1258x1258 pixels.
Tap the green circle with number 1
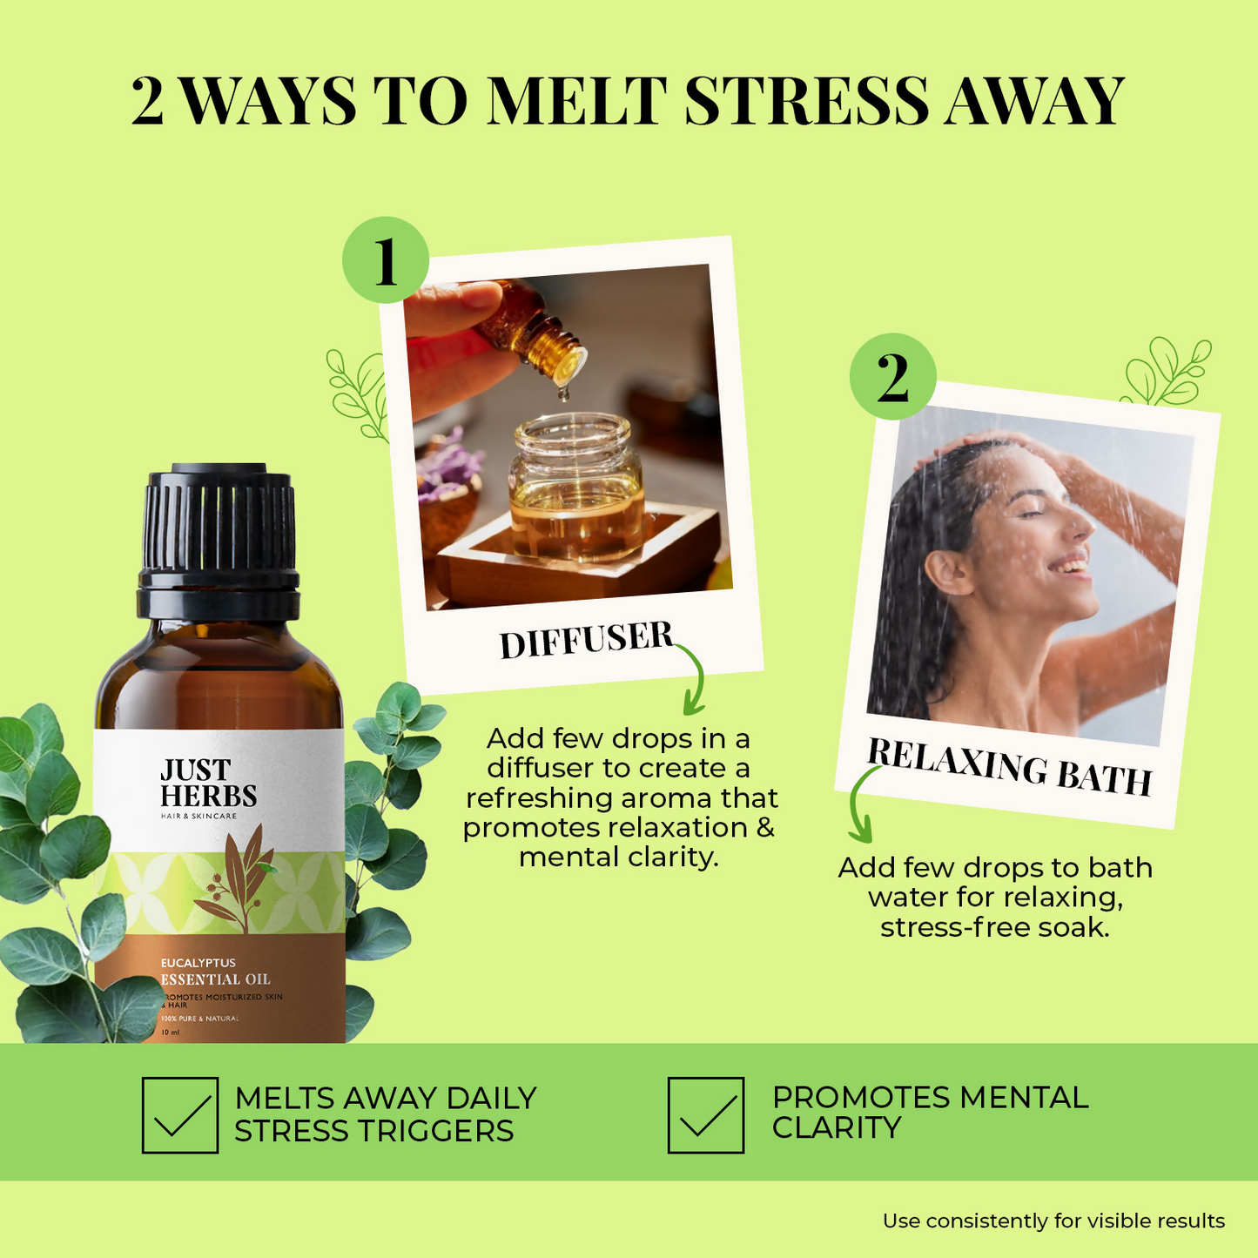[x=385, y=259]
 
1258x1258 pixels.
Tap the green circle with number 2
[x=892, y=377]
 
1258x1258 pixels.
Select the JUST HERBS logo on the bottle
[x=208, y=784]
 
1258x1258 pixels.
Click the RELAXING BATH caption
[x=1009, y=767]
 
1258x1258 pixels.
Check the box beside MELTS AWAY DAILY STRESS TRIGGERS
[x=180, y=1115]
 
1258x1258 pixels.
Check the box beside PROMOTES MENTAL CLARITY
[x=706, y=1115]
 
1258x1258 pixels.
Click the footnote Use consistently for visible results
[x=1053, y=1221]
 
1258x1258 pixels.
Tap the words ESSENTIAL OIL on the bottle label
[x=215, y=979]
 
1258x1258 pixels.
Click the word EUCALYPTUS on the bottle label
[x=198, y=963]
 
